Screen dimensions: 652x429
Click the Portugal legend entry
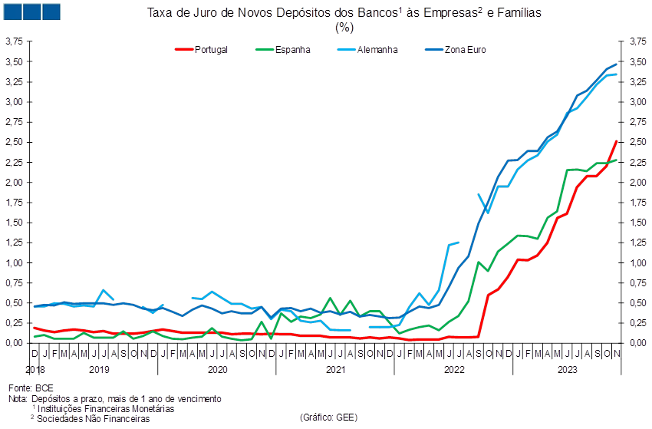click(201, 50)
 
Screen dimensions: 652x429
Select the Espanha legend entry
click(283, 50)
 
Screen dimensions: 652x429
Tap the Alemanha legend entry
click(367, 50)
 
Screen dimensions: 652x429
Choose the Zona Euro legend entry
click(456, 50)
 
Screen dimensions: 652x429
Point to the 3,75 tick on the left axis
click(14, 41)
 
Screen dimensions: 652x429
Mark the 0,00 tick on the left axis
click(14, 343)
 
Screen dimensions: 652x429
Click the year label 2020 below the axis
click(218, 369)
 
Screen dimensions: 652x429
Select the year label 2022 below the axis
click(454, 369)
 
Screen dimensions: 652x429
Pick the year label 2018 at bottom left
click(35, 369)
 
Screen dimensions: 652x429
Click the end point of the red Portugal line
click(616, 141)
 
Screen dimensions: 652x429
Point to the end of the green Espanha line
click(616, 160)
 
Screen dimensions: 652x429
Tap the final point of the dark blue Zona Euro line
click(616, 64)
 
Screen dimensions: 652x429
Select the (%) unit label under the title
click(344, 28)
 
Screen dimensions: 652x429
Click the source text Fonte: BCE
click(31, 388)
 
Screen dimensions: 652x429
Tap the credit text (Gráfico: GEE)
click(328, 417)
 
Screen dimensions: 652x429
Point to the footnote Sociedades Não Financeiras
click(93, 418)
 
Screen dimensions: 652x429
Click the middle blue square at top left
click(32, 12)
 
